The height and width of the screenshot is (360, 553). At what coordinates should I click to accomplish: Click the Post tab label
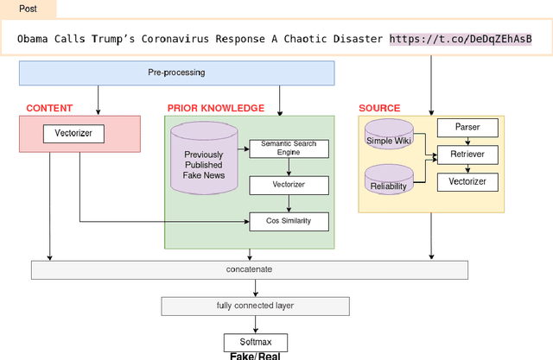tap(28, 9)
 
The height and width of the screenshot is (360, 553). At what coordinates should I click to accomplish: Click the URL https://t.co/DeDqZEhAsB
tap(460, 39)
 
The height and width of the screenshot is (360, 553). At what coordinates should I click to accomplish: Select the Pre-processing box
tap(176, 73)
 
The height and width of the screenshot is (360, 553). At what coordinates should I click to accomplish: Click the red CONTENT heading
tap(49, 108)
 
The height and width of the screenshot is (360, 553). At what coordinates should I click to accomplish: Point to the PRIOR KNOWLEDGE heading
tap(215, 108)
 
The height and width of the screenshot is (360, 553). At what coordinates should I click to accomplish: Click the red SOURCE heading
tap(379, 108)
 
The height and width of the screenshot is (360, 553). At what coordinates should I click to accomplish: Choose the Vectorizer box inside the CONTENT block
tap(73, 134)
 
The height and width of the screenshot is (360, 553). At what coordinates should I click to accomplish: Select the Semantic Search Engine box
tap(289, 148)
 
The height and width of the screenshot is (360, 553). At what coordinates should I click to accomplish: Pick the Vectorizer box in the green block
tap(289, 185)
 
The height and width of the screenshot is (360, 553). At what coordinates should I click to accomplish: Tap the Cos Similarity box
tap(289, 221)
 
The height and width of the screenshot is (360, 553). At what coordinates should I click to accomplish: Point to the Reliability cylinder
tap(390, 180)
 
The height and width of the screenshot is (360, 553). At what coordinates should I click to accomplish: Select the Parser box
tap(467, 128)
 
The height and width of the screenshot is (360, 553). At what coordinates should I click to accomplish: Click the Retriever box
tap(467, 155)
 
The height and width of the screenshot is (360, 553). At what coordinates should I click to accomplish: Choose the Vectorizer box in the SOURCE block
tap(467, 181)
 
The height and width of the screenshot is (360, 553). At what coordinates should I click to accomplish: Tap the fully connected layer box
tap(255, 306)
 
